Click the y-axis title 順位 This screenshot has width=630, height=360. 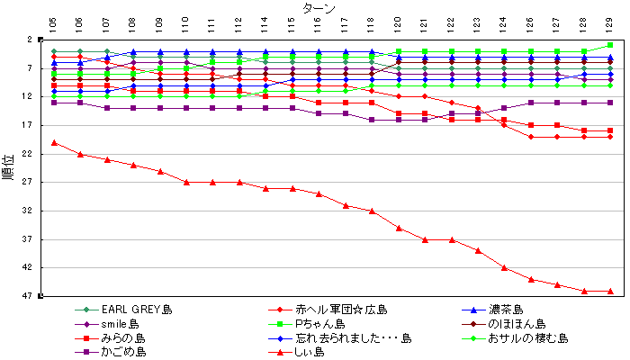(8, 167)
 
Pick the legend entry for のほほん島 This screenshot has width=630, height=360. (517, 324)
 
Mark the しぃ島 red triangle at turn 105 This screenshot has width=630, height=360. (54, 142)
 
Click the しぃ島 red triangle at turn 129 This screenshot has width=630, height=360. (610, 291)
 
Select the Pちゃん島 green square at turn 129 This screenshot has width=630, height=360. (610, 45)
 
